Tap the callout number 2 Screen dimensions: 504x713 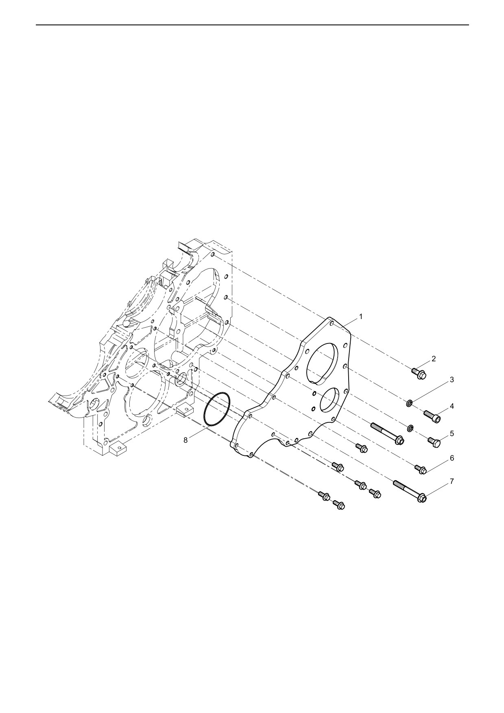coord(434,359)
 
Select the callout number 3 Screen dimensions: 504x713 coord(452,380)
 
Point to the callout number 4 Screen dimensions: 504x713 coord(452,406)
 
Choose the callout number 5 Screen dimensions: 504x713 coord(452,433)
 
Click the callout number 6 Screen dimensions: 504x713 coord(452,458)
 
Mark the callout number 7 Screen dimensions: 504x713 coord(452,481)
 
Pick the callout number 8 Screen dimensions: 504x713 coord(185,440)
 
